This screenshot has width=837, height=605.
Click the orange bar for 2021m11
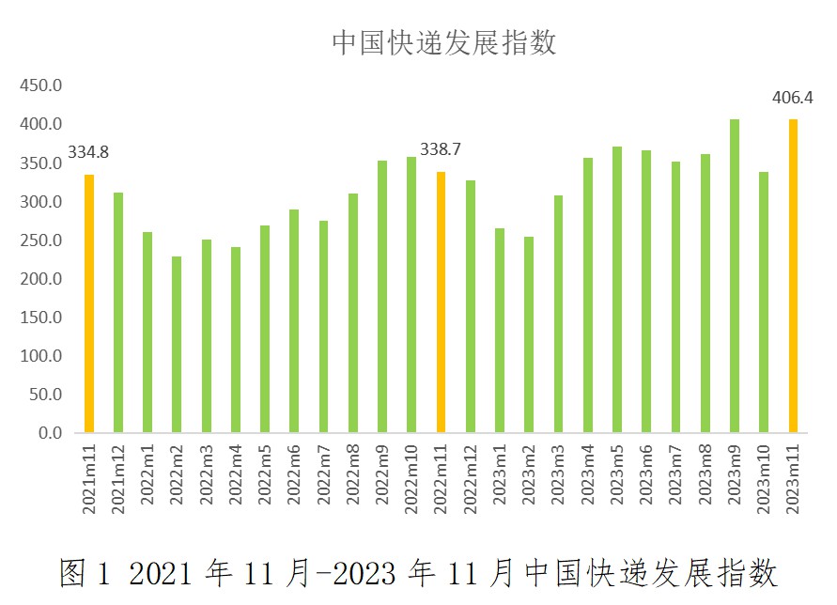(x=89, y=303)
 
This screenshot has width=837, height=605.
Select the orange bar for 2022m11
(x=441, y=302)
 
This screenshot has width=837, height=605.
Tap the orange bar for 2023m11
(x=793, y=276)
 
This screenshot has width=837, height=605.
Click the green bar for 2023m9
(x=735, y=276)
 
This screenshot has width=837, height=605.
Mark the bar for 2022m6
(x=294, y=321)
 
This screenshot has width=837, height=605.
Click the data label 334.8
(x=88, y=151)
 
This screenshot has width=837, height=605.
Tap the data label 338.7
(x=441, y=149)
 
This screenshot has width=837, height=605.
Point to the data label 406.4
(x=792, y=97)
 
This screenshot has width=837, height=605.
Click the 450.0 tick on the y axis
(x=41, y=85)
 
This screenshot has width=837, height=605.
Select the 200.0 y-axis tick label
(x=41, y=279)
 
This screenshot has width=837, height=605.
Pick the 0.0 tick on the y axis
(x=49, y=433)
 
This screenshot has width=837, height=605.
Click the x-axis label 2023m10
(x=764, y=478)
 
